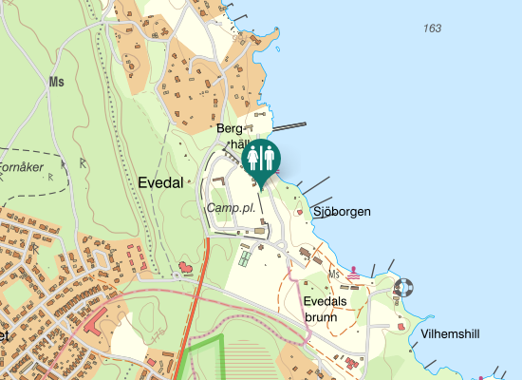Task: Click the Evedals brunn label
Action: [x=321, y=308]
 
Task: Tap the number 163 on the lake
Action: [x=433, y=28]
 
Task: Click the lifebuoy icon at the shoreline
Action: [x=404, y=286]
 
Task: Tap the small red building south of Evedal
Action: [x=185, y=268]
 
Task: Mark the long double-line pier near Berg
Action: [x=290, y=125]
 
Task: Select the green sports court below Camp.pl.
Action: [x=245, y=256]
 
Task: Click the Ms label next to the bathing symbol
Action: [x=333, y=275]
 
